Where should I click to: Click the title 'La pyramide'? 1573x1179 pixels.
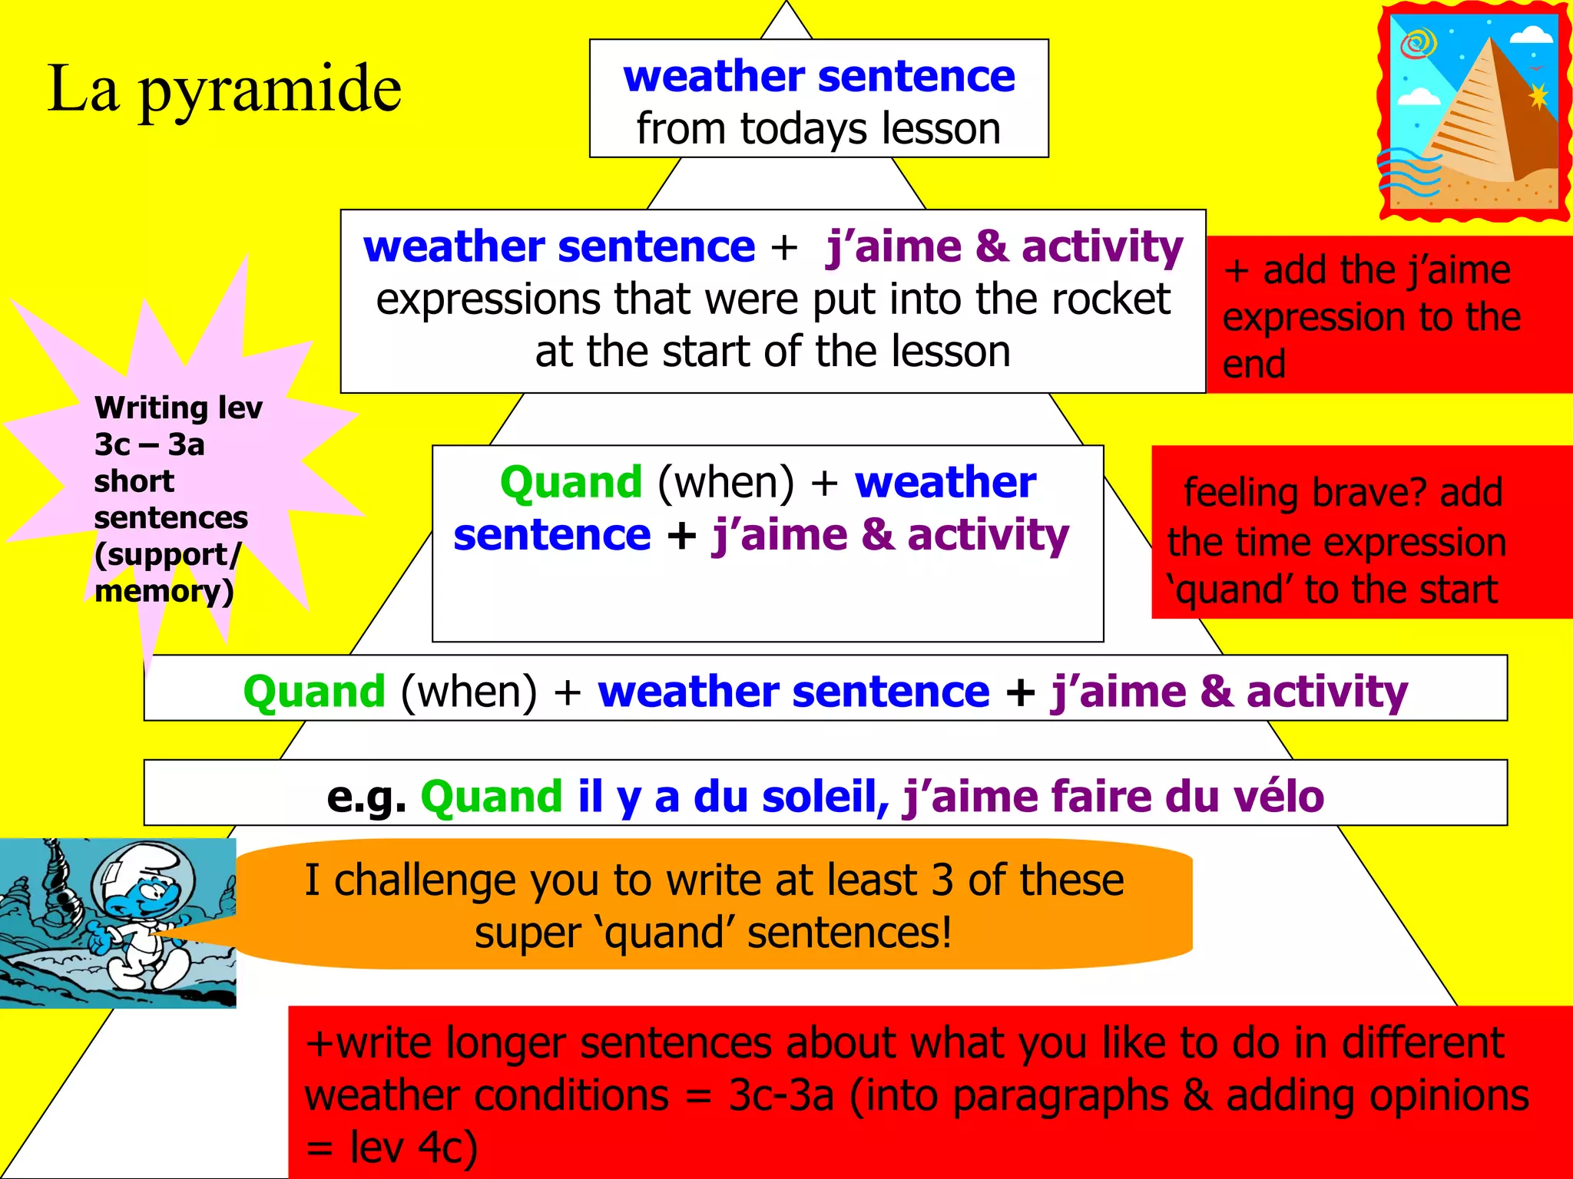[224, 90]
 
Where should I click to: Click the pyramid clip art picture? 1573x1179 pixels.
[1474, 111]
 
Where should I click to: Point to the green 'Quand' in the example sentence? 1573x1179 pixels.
[492, 796]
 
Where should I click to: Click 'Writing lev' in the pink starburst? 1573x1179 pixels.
[178, 408]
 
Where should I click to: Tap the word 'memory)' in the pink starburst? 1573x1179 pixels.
[164, 591]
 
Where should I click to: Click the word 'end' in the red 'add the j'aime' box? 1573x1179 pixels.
[1253, 364]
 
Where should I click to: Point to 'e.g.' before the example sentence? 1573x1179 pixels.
[366, 797]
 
